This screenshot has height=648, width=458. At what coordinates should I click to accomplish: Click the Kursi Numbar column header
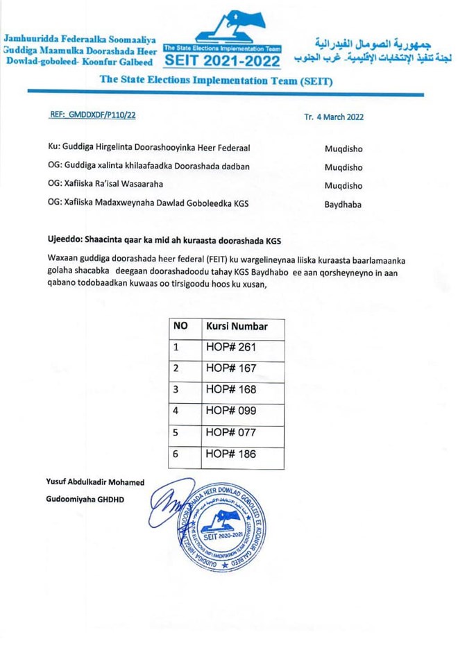[237, 326]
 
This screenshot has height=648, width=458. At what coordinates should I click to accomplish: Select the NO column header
[180, 326]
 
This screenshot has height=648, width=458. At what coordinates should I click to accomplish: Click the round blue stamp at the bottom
[221, 525]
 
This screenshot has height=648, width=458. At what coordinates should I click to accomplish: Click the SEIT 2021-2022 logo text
[222, 61]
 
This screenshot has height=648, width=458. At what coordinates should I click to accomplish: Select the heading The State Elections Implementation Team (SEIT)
[216, 80]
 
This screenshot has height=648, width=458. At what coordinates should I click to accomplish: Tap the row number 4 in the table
[176, 411]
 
